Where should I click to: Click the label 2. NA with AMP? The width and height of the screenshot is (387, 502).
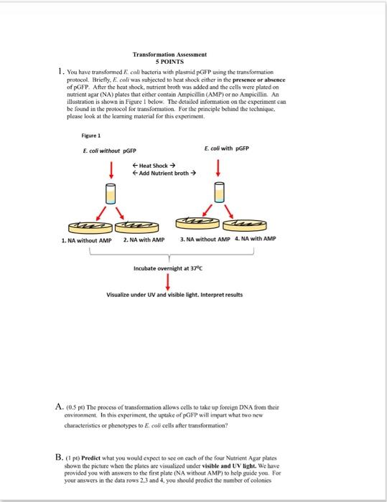(143, 240)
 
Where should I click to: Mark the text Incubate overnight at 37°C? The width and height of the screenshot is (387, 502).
(169, 269)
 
